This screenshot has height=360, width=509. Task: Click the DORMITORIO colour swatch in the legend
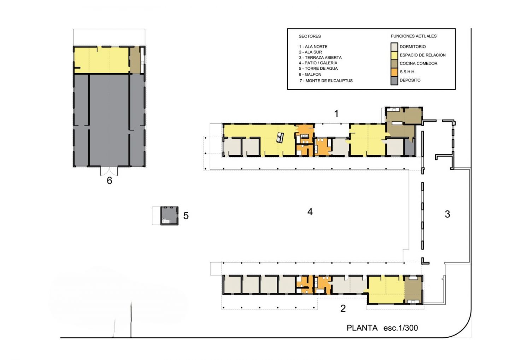coord(394,47)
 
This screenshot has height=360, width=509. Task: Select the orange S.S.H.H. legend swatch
coord(394,72)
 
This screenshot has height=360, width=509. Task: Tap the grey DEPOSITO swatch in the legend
coord(394,81)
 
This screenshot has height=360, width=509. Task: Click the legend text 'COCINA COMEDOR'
coord(419,63)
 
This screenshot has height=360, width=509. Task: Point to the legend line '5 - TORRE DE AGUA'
coord(318,68)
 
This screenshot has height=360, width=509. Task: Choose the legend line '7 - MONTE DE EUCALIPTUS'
coord(326,81)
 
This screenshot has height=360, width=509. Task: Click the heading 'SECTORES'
coord(310,36)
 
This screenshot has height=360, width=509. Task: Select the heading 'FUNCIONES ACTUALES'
coord(414,36)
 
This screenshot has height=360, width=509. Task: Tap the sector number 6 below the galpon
coord(109,181)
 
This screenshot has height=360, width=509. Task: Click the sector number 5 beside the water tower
coord(186,216)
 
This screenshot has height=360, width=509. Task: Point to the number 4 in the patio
coord(310,212)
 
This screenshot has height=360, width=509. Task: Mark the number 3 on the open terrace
coord(447,214)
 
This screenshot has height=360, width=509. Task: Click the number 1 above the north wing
coord(336,114)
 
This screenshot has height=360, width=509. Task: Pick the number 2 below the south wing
coord(343,308)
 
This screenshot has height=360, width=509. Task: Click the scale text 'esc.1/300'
coord(400,328)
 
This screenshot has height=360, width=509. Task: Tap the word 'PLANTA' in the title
coord(362,328)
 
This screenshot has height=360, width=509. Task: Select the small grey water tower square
coord(169,216)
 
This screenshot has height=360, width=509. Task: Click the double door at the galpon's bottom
coord(109,171)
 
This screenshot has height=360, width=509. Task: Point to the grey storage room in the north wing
coord(410,147)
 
